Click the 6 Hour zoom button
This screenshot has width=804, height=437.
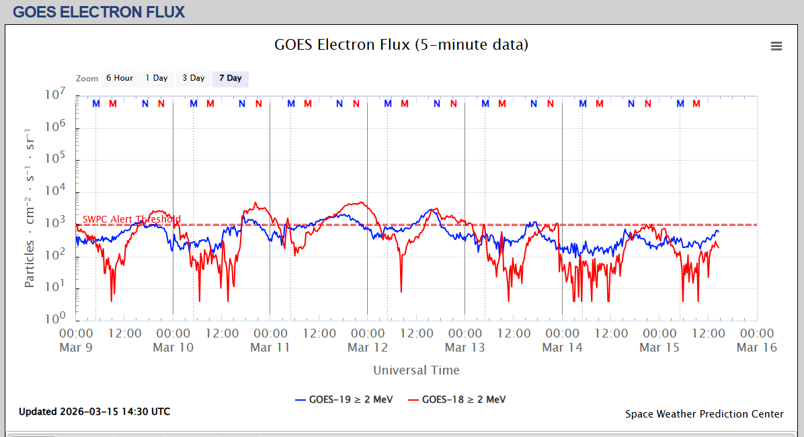coord(118,79)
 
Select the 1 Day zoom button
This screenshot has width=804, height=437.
coord(157,79)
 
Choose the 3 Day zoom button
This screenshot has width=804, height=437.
coord(194,79)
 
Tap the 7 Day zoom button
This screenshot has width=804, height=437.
coord(231,79)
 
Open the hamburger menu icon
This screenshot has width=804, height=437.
coord(776,46)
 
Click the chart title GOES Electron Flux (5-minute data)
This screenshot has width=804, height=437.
coord(401,45)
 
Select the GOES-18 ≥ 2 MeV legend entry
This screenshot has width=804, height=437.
coord(456,399)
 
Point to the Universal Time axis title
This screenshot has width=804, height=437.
coord(416,370)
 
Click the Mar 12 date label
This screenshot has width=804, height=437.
coord(368,348)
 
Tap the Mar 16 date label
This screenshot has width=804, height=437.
coord(757,348)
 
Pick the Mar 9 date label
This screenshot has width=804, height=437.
coord(76,348)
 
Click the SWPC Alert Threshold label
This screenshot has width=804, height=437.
coord(132,219)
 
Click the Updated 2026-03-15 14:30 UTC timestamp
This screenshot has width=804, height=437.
coord(94,411)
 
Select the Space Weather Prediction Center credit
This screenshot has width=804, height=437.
coord(704,414)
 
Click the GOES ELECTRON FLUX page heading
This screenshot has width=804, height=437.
coord(99,11)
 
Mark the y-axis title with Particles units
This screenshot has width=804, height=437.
coord(30,206)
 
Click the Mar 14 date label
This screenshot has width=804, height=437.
coord(562,348)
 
